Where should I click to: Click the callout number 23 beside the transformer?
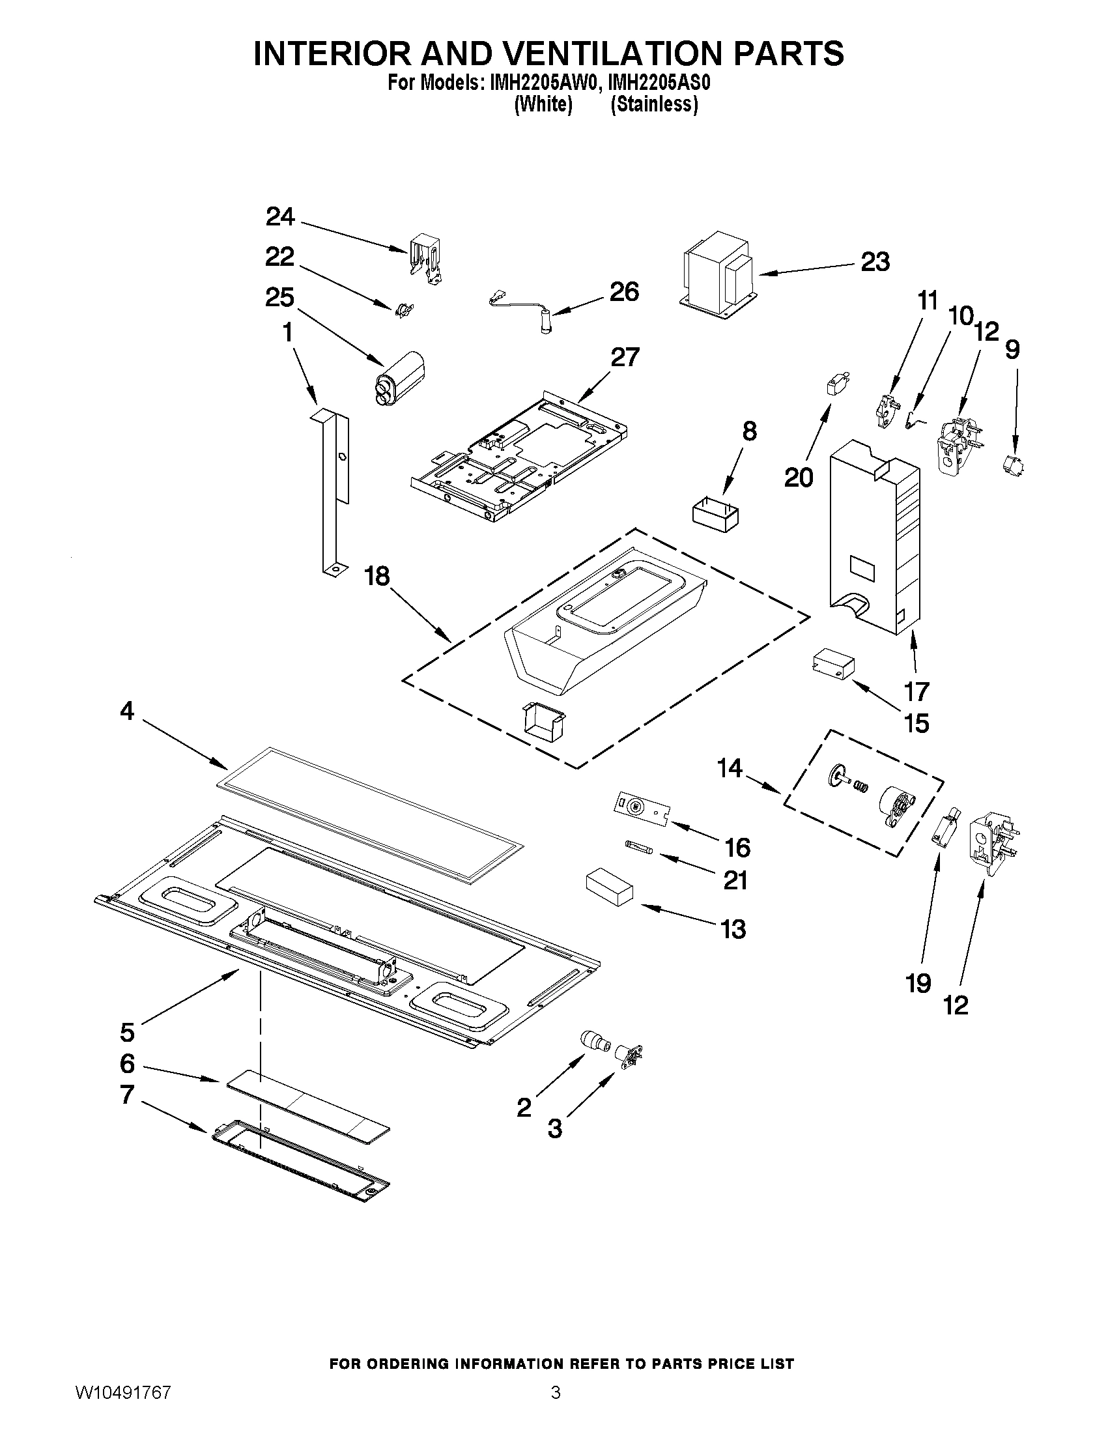pyautogui.click(x=875, y=261)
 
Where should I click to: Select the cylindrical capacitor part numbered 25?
pyautogui.click(x=398, y=375)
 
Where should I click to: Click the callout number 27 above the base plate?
pyautogui.click(x=624, y=357)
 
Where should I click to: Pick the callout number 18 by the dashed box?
pyautogui.click(x=377, y=576)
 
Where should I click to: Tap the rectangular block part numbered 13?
pyautogui.click(x=609, y=888)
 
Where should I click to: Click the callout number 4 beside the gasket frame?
pyautogui.click(x=126, y=710)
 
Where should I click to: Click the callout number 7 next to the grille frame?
pyautogui.click(x=127, y=1095)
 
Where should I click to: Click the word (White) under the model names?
pyautogui.click(x=542, y=104)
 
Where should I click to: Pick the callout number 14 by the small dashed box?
pyautogui.click(x=730, y=767)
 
